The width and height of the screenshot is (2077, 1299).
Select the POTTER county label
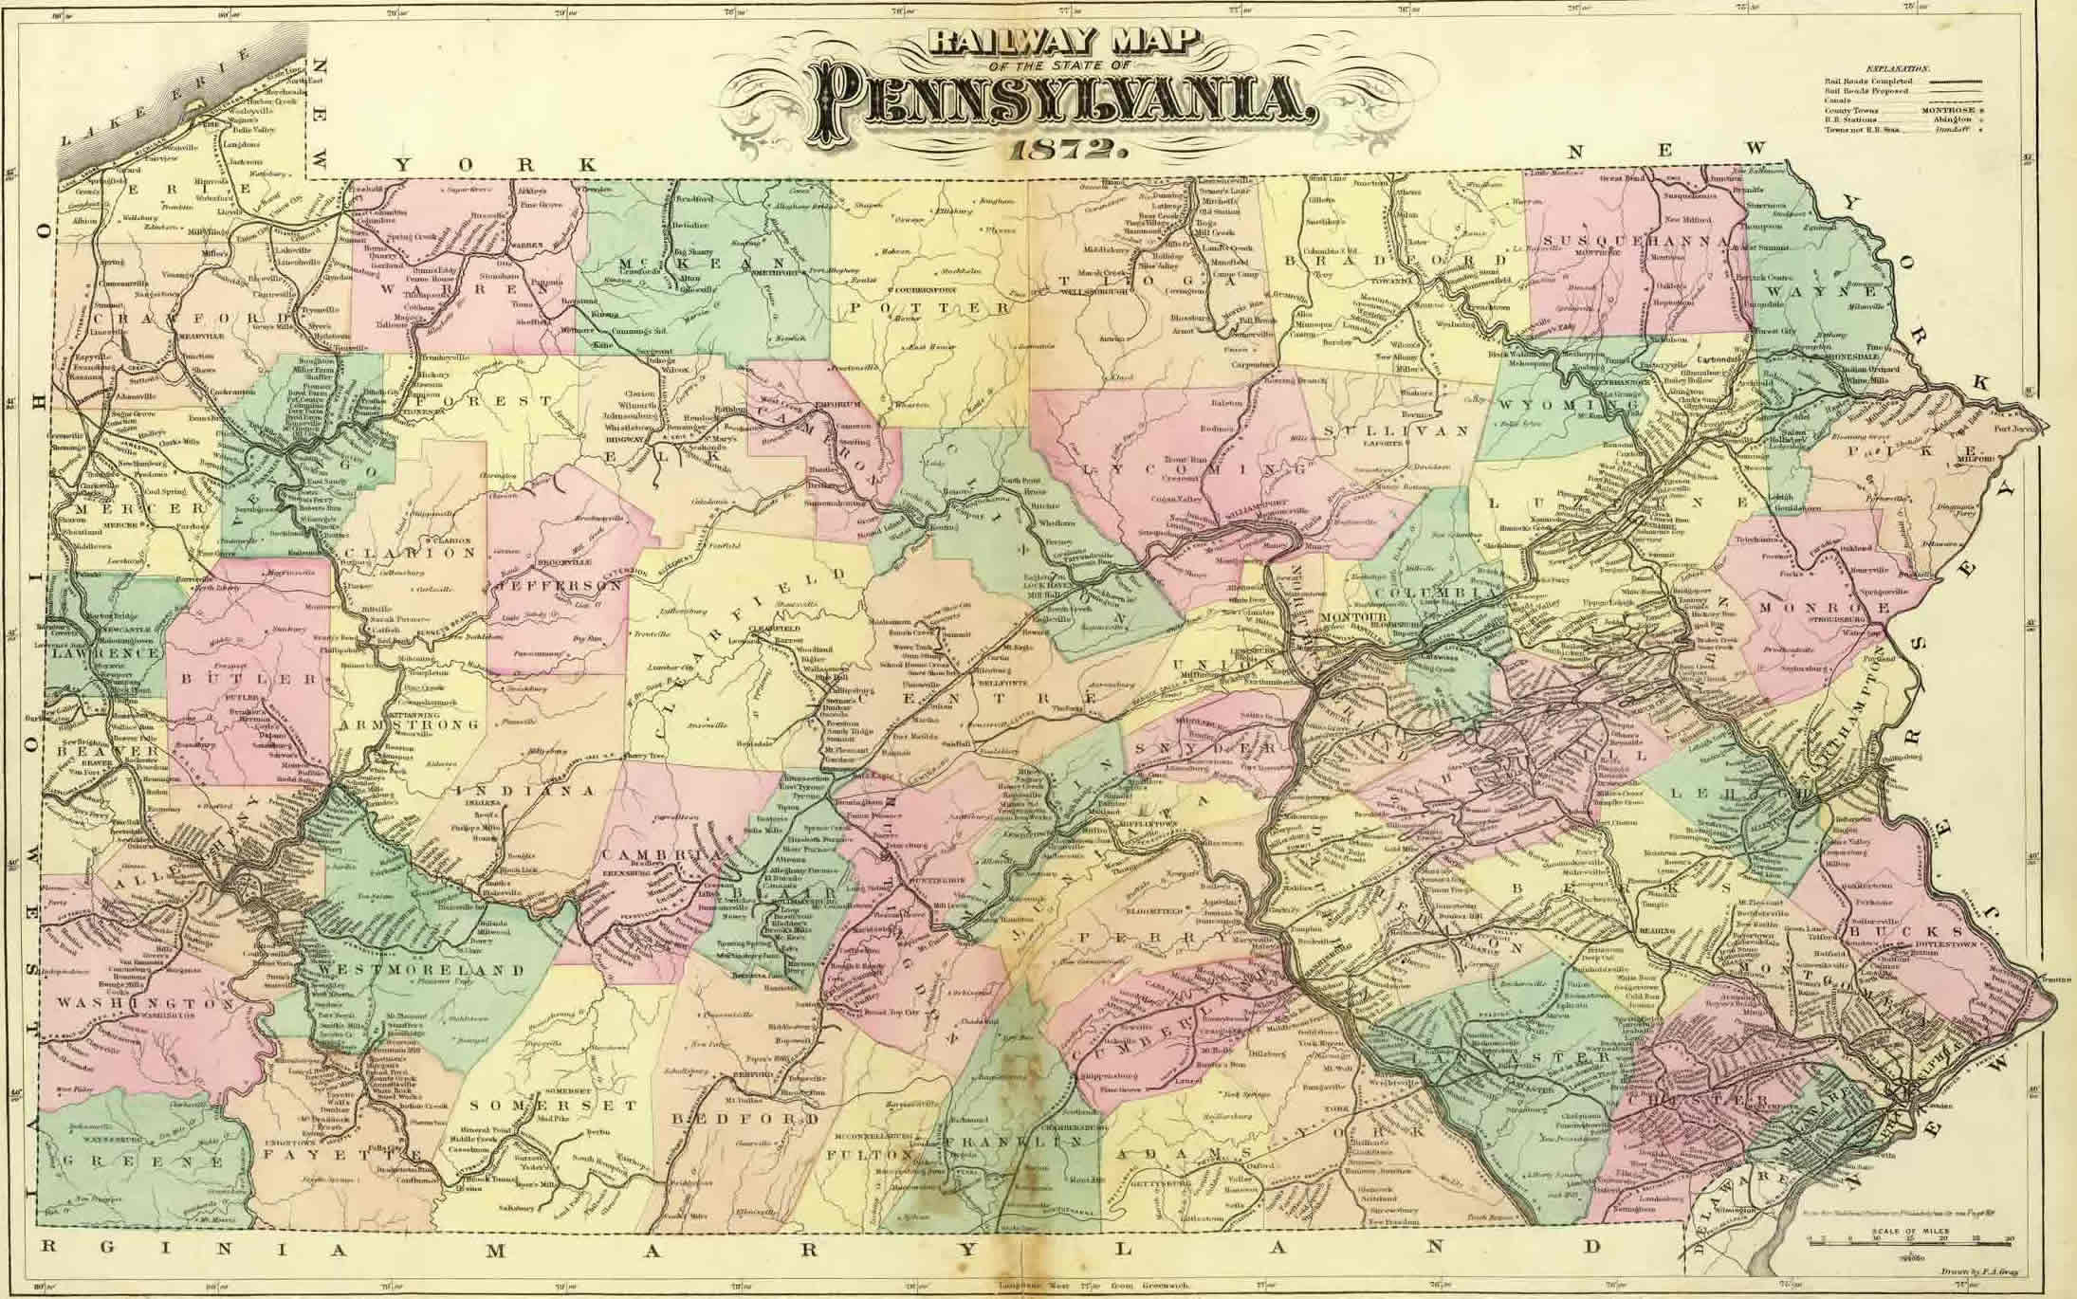pyautogui.click(x=929, y=307)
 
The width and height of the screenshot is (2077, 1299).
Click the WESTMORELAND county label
pyautogui.click(x=422, y=971)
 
